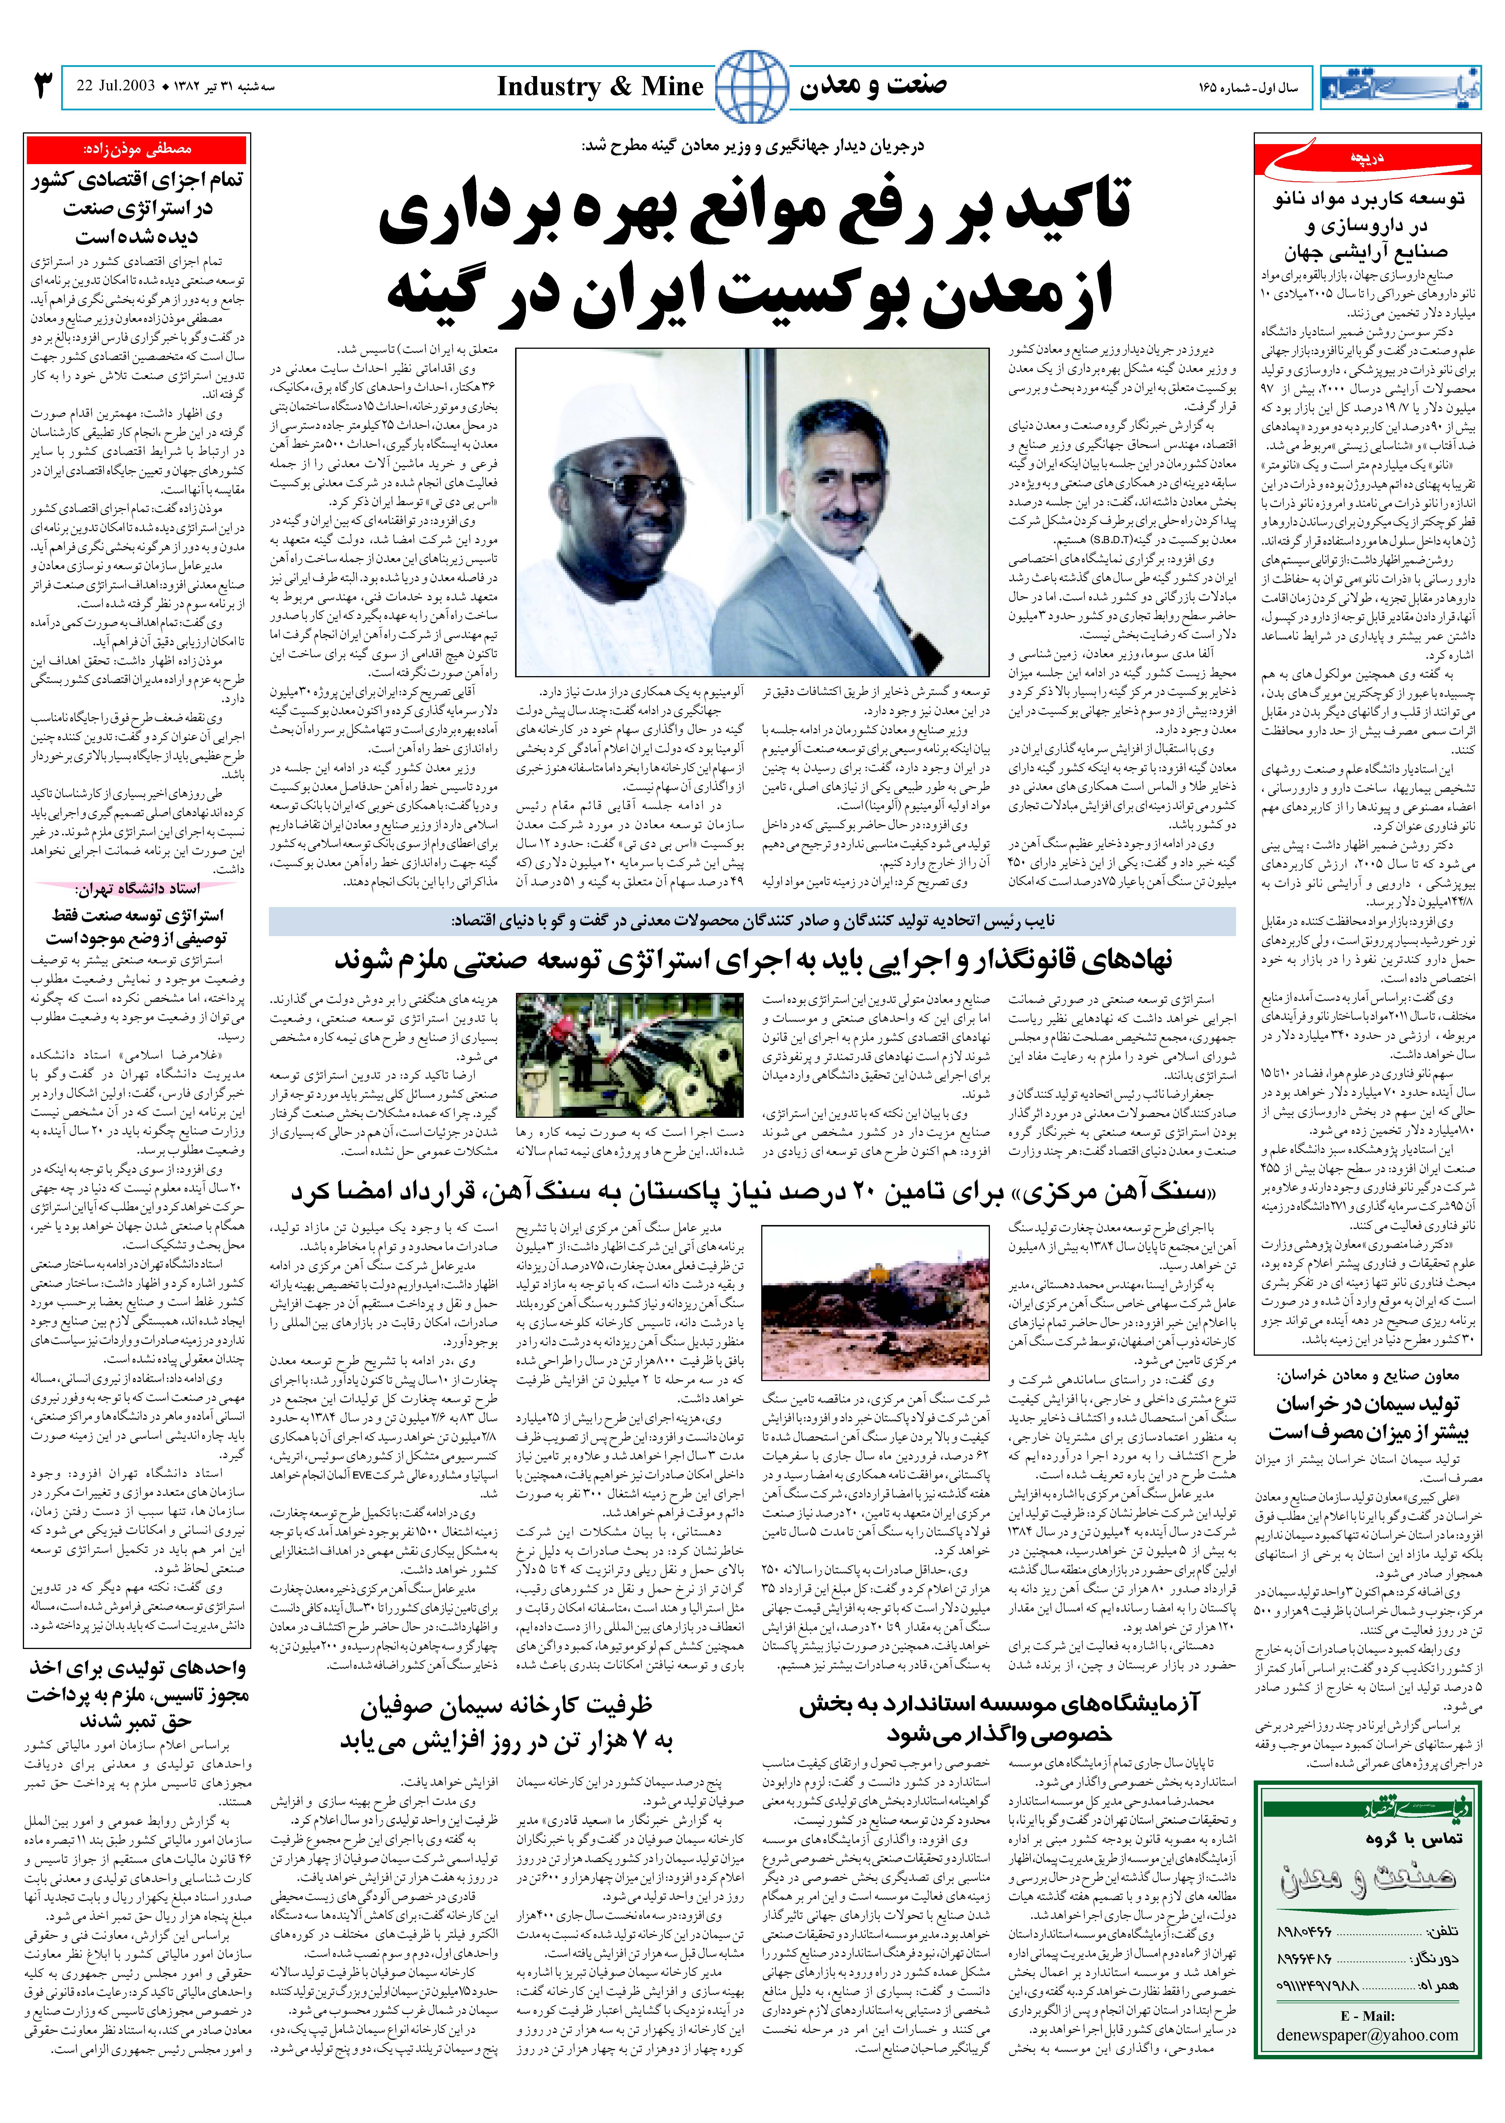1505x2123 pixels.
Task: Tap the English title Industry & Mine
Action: [x=600, y=87]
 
